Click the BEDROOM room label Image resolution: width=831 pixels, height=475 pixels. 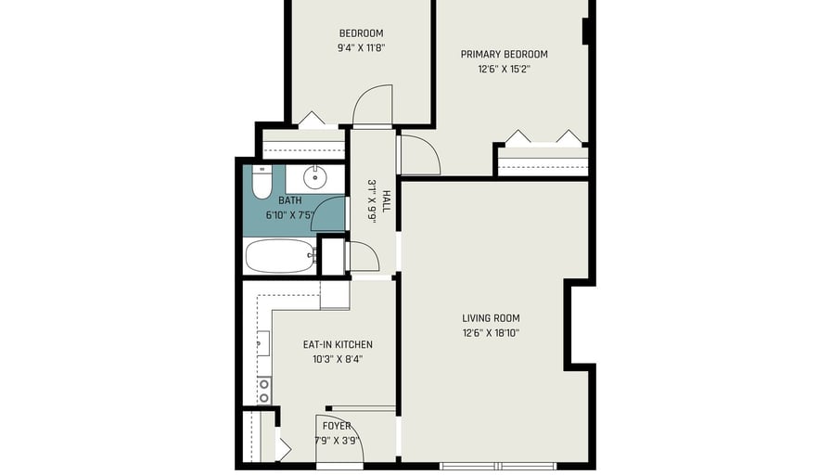tap(361, 32)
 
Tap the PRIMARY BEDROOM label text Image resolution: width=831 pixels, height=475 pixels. tap(504, 54)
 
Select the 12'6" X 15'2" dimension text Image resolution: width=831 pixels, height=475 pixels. tap(504, 69)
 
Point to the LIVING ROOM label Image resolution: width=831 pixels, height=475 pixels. tap(491, 318)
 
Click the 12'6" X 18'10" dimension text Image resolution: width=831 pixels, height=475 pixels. tap(491, 333)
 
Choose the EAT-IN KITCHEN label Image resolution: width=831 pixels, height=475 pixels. tap(338, 344)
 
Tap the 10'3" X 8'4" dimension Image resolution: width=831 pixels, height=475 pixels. tap(338, 359)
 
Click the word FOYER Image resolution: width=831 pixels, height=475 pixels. tap(337, 426)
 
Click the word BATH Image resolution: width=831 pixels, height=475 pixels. tap(290, 200)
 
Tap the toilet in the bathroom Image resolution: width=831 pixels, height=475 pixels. tap(262, 182)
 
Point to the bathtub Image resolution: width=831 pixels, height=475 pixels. tap(280, 256)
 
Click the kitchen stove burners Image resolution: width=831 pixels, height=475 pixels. tap(264, 391)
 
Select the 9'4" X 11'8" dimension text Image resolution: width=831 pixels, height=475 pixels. tap(361, 47)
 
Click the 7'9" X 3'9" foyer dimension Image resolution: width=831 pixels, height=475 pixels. tap(337, 441)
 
